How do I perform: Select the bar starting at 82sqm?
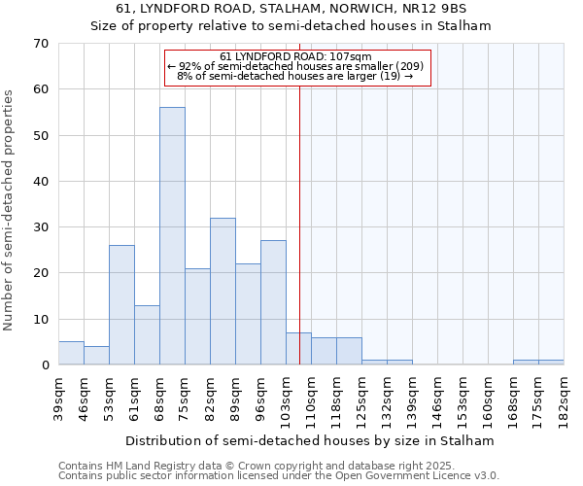[223, 292]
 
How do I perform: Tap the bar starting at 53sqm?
[121, 305]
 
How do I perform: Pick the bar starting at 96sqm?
[273, 302]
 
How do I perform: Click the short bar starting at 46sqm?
[96, 356]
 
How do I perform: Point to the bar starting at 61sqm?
[147, 335]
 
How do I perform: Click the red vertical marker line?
[299, 214]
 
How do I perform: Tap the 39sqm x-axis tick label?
[58, 398]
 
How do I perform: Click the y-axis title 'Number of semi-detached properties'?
[10, 210]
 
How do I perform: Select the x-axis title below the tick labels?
[310, 440]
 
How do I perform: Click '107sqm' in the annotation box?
[352, 56]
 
